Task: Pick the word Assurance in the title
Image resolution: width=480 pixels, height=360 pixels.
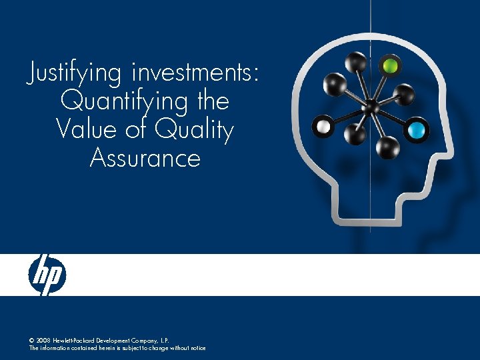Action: click(x=145, y=158)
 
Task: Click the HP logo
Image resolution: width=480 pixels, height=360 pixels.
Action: click(x=47, y=275)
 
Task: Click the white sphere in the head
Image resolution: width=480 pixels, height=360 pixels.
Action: click(x=324, y=125)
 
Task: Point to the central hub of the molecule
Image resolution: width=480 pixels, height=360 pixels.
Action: click(x=372, y=107)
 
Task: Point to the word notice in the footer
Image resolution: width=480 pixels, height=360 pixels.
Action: click(x=197, y=348)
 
